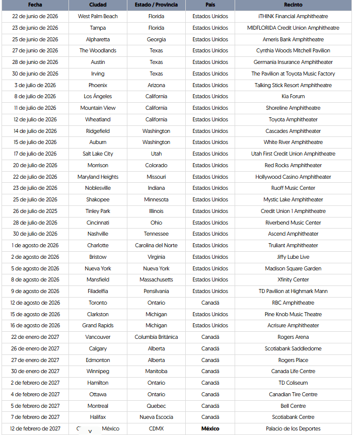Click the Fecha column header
(35, 5)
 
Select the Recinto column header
(293, 5)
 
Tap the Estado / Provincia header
(156, 5)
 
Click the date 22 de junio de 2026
(35, 16)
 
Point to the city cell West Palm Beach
(98, 16)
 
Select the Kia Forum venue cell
(293, 96)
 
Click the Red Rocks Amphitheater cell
(293, 165)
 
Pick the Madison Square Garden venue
(293, 268)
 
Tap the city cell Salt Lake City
(98, 154)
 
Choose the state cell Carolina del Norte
(156, 245)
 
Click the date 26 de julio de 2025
(35, 211)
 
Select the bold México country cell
(210, 428)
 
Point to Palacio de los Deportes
(293, 428)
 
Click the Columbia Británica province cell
(156, 337)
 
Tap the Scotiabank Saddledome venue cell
(293, 348)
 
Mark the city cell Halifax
(98, 417)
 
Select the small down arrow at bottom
(90, 431)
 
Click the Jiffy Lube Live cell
(293, 257)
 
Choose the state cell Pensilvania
(156, 291)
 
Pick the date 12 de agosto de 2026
(35, 303)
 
